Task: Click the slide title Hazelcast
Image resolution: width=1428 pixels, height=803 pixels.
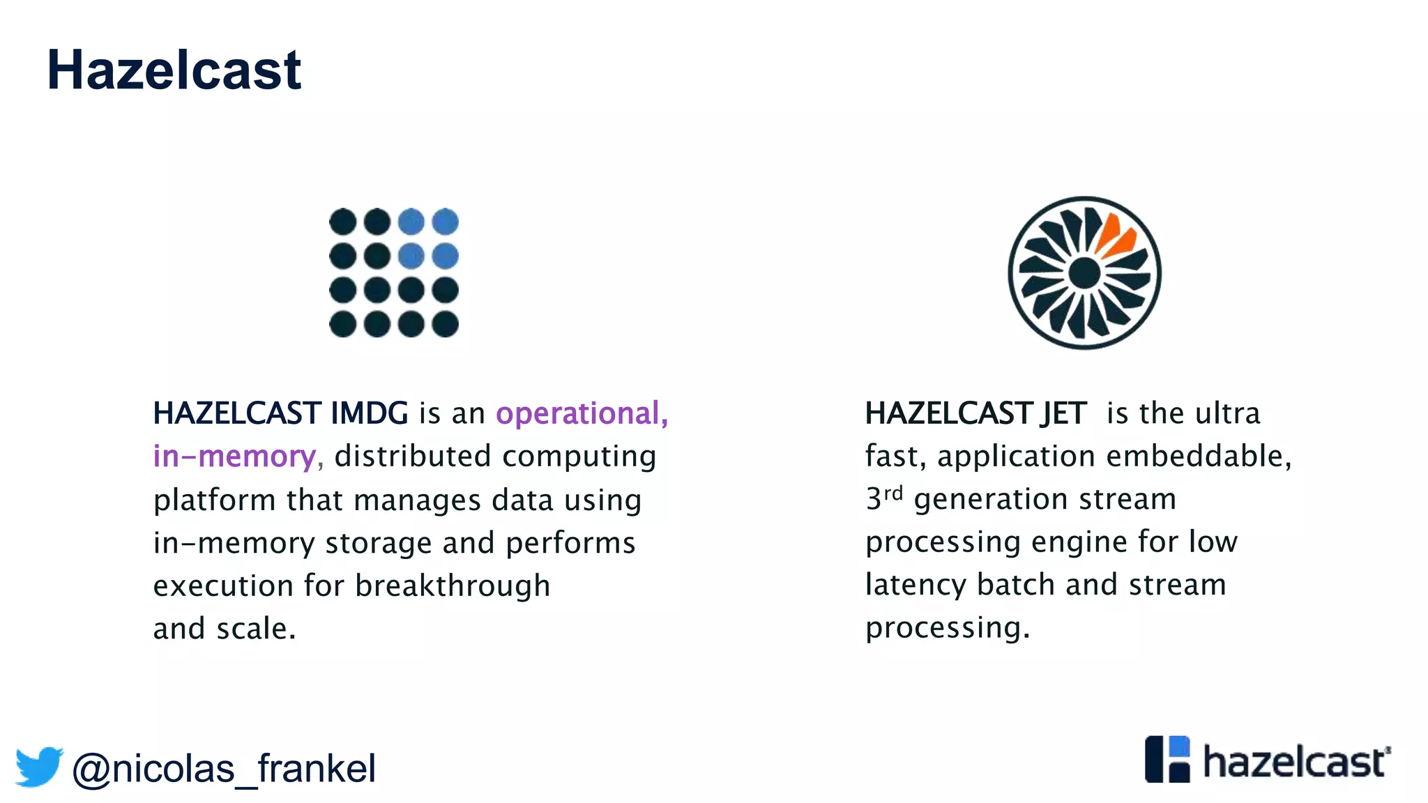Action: click(174, 70)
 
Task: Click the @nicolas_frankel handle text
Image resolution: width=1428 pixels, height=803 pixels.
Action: click(224, 769)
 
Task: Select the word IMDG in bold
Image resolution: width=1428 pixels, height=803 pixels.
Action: click(369, 413)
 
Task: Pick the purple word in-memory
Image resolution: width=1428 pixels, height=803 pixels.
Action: click(235, 457)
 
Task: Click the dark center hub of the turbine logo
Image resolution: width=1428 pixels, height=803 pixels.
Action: click(1084, 273)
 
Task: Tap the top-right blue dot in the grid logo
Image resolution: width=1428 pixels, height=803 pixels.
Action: click(445, 222)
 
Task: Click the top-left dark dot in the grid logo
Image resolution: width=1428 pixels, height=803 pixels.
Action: click(342, 222)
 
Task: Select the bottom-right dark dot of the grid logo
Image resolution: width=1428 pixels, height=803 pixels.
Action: click(445, 324)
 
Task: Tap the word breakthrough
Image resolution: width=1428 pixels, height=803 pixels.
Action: click(453, 586)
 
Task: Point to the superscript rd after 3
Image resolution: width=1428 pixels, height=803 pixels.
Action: click(893, 494)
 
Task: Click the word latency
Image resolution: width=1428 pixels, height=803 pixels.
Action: click(916, 585)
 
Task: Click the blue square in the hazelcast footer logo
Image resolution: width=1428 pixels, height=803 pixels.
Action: click(1179, 747)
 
